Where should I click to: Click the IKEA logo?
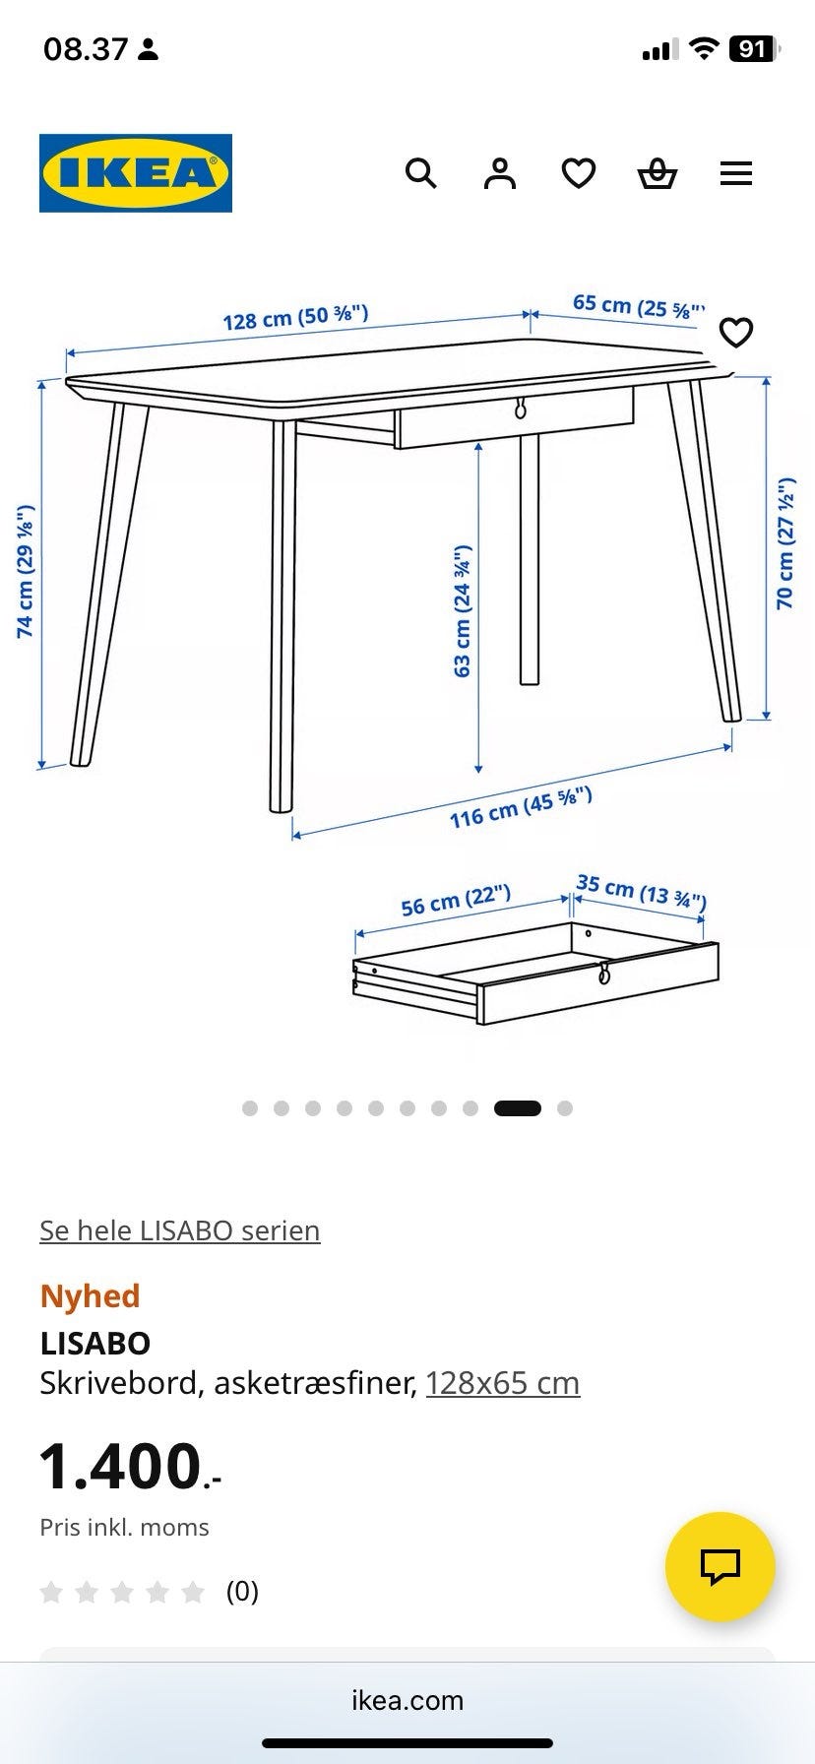[136, 173]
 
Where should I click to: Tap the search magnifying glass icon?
[421, 173]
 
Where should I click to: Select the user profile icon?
[500, 173]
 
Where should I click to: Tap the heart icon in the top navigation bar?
[579, 174]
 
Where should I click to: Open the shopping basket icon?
[657, 174]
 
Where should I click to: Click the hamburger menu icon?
[736, 174]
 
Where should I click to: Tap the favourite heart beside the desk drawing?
[736, 333]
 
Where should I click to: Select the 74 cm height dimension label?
[26, 572]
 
